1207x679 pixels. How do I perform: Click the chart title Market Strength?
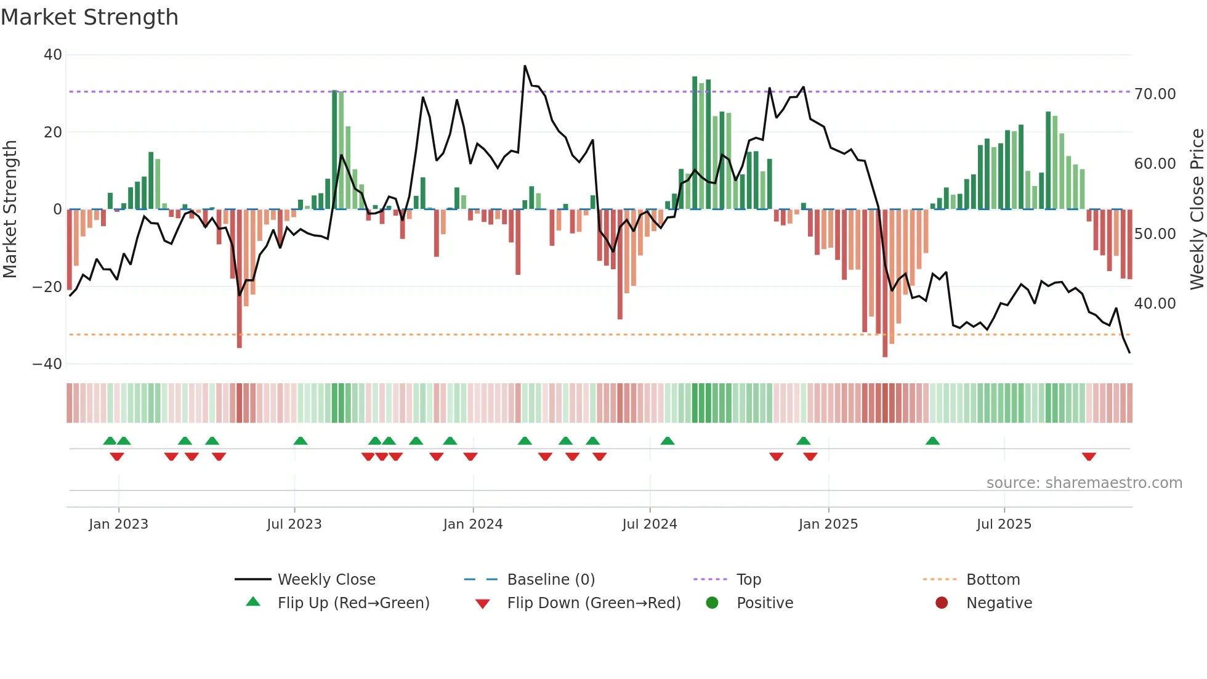89,17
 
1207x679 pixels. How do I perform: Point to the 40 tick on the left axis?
53,55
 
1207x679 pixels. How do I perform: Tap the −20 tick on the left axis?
47,287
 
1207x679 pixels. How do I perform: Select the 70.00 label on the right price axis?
1155,94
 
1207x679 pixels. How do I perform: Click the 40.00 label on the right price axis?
1155,304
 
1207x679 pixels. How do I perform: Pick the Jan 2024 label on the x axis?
472,524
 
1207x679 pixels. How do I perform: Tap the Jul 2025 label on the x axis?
1003,524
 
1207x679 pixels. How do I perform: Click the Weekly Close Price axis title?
1197,209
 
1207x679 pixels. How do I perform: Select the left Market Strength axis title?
10,209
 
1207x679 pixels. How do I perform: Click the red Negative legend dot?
942,603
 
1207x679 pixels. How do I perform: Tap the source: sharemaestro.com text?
1084,483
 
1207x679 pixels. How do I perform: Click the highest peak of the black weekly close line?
525,66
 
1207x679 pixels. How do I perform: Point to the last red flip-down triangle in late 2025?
1088,457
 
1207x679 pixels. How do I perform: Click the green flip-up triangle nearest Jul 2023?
301,441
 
